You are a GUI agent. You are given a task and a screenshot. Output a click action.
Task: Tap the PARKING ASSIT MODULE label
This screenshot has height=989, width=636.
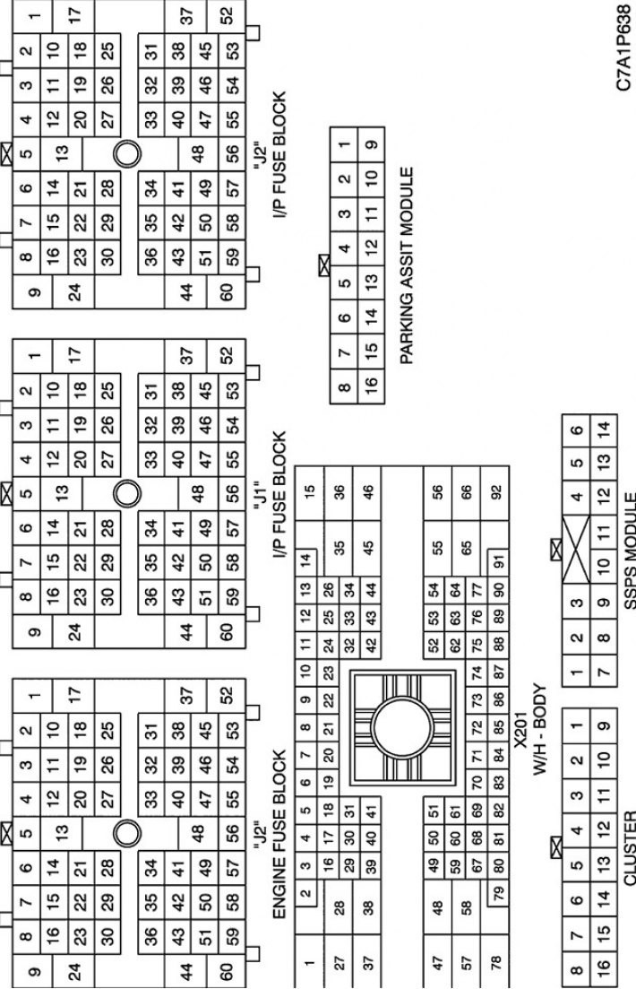tap(408, 265)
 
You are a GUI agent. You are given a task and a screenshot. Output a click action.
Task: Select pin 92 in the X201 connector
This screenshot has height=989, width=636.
tap(495, 490)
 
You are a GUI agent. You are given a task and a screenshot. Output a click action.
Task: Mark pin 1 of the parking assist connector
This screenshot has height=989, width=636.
tap(343, 144)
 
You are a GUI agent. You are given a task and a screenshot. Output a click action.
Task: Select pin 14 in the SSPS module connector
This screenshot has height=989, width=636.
tap(604, 429)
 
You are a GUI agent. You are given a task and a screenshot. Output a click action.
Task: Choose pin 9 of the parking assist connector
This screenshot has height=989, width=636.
tap(372, 144)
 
